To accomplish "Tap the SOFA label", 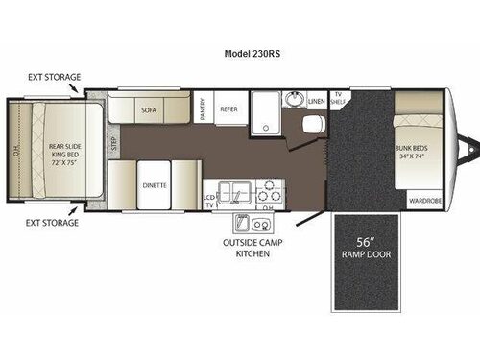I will click(x=148, y=110).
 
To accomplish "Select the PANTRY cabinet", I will click(x=202, y=110).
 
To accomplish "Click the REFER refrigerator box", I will click(x=228, y=110).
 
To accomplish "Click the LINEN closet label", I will click(x=317, y=99).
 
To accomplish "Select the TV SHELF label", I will click(x=339, y=98).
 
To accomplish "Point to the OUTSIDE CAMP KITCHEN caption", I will click(x=246, y=247).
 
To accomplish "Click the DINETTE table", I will click(x=156, y=183).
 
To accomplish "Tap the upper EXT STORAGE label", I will click(x=54, y=76).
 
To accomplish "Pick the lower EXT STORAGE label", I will click(x=54, y=223).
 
